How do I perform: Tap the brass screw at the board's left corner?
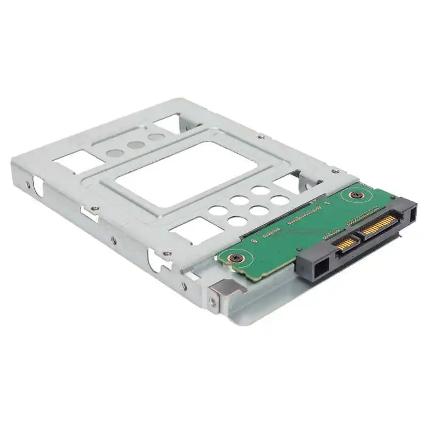coord(235,258)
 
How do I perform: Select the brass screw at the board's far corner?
coord(353,195)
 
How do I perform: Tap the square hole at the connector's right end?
coord(413,214)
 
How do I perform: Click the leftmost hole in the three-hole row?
coord(114,153)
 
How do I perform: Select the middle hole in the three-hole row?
coord(136,145)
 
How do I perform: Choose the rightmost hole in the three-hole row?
coord(156,137)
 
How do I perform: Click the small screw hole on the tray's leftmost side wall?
coord(28,185)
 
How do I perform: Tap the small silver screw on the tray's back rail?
coord(260,137)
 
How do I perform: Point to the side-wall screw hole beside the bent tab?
coord(212,302)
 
